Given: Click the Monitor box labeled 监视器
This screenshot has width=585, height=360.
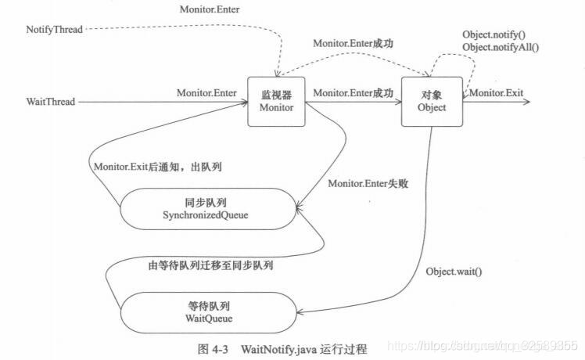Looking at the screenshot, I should point(277,101).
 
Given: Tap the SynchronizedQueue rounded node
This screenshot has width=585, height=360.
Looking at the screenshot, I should point(206,208).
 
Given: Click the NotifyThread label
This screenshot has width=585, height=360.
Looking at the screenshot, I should point(53,29).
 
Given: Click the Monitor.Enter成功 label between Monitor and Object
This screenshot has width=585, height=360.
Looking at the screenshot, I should point(353,92).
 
